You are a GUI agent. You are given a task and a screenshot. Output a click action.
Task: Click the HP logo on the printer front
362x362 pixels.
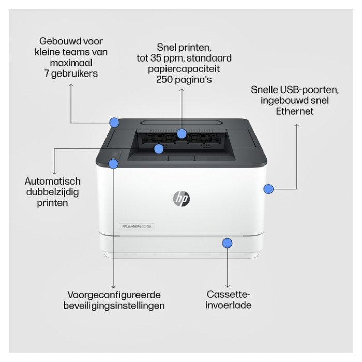[x=182, y=199]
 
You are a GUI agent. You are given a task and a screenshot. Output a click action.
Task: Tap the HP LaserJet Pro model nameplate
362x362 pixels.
[x=137, y=227]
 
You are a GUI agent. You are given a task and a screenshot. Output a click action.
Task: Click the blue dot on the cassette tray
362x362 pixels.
[x=228, y=243]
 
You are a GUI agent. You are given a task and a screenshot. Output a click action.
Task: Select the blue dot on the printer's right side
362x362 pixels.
[x=268, y=189]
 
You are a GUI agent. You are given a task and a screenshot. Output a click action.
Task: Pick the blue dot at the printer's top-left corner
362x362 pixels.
[x=114, y=123]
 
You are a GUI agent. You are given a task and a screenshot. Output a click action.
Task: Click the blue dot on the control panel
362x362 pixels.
[x=113, y=164]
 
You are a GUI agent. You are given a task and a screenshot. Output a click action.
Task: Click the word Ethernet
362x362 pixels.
[x=295, y=111]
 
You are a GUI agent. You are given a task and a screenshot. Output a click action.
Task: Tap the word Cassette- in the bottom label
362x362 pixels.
[x=229, y=294]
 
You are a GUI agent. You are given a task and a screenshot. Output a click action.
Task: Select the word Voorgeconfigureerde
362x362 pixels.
[x=114, y=295]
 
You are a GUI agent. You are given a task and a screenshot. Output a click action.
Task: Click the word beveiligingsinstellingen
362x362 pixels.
[x=114, y=306]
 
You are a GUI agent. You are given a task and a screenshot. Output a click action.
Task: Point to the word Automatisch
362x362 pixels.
[x=53, y=181]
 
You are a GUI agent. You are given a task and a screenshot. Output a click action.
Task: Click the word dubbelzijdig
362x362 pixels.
[x=53, y=192]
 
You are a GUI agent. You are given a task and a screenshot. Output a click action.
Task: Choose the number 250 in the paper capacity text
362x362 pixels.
[x=164, y=80]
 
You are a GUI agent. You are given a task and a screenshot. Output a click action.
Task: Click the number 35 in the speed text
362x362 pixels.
[x=156, y=58]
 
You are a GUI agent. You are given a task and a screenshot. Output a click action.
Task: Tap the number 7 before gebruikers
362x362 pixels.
[x=47, y=73]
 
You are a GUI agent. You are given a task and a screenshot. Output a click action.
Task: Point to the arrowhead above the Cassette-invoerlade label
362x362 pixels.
[x=228, y=286]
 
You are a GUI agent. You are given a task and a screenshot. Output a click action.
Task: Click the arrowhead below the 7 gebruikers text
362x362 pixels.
[x=71, y=86]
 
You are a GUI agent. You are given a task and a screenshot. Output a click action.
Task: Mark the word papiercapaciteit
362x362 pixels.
[x=184, y=69]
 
